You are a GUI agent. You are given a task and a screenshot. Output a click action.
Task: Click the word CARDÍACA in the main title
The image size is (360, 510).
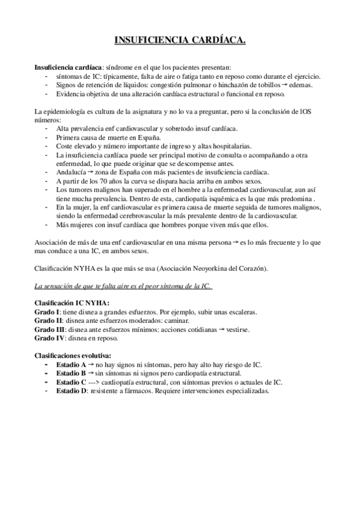click(x=215, y=40)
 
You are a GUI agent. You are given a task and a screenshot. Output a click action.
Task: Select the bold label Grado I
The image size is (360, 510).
click(x=47, y=313)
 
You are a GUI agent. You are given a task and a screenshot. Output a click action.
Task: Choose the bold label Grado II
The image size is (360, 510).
click(x=48, y=322)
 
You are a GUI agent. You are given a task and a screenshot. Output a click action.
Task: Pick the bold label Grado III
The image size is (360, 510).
click(x=49, y=330)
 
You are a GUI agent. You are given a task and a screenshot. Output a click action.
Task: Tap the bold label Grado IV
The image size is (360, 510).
click(x=49, y=339)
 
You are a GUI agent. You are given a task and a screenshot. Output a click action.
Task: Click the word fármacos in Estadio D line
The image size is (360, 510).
click(x=139, y=390)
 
